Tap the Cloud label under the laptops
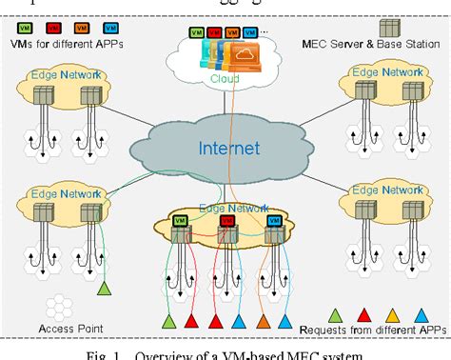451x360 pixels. (x=225, y=80)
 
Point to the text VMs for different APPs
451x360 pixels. (x=68, y=43)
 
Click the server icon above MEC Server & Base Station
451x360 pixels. (x=389, y=28)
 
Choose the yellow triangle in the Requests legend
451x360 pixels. (x=393, y=311)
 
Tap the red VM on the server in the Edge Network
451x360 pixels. (x=226, y=219)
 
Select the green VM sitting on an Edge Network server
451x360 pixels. (x=179, y=219)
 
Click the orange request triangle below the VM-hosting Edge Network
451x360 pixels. (x=264, y=321)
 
